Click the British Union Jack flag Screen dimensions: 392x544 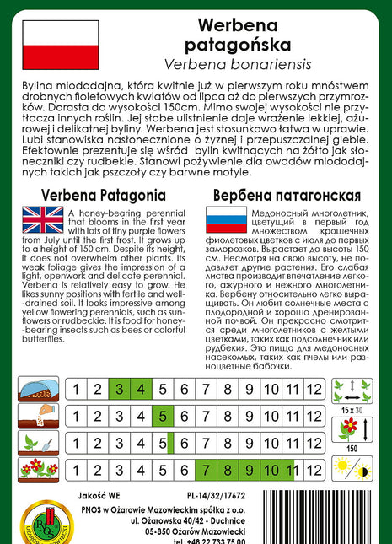coord(42,221)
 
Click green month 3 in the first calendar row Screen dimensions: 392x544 coord(120,389)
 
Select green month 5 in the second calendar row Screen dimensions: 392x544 coord(163,415)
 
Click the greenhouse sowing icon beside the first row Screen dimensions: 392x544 coord(39,390)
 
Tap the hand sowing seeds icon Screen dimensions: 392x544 coord(39,416)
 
